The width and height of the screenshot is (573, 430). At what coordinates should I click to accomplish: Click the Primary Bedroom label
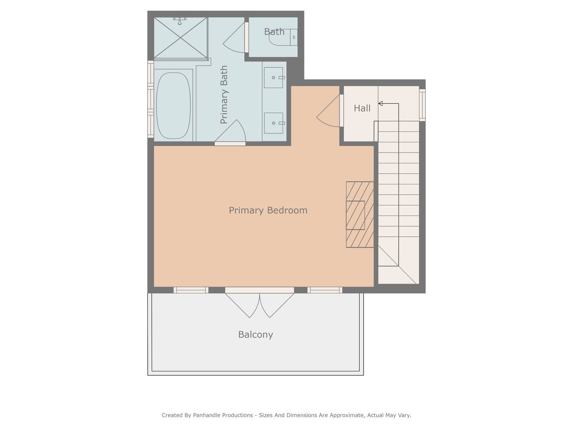click(x=268, y=211)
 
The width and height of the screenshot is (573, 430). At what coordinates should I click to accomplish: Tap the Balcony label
click(x=256, y=335)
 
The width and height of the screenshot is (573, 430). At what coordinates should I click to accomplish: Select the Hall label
click(x=362, y=108)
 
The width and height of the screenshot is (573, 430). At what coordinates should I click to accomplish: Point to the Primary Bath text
click(x=224, y=95)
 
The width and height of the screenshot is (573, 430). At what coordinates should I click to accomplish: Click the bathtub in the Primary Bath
click(x=173, y=105)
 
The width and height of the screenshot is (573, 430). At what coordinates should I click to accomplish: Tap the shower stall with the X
click(x=181, y=38)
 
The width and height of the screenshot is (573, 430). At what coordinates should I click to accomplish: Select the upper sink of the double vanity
click(x=274, y=77)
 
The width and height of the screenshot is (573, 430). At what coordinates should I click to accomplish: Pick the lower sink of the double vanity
click(x=274, y=123)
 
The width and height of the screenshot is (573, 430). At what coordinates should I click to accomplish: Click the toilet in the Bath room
click(x=283, y=37)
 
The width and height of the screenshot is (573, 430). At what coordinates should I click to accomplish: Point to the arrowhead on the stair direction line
click(x=381, y=103)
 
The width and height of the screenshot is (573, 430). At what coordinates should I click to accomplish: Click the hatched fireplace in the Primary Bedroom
click(x=360, y=215)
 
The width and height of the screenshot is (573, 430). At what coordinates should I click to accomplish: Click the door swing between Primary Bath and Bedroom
click(x=230, y=133)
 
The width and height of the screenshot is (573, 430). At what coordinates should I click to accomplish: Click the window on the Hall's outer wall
click(x=422, y=105)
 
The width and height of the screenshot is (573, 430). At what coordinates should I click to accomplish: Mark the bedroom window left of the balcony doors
click(x=191, y=290)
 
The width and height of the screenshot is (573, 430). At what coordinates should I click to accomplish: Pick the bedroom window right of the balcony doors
click(x=325, y=290)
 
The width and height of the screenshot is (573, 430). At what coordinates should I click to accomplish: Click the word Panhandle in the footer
click(x=223, y=415)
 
